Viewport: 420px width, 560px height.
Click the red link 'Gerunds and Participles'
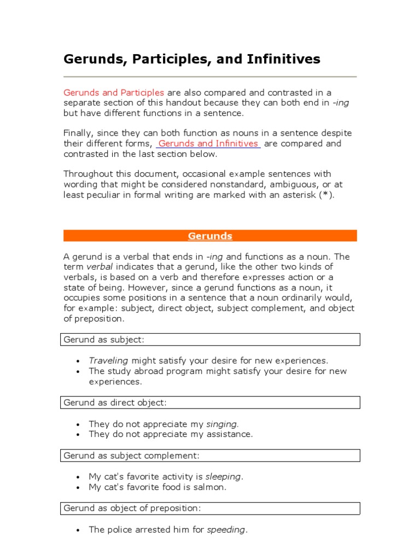(x=114, y=92)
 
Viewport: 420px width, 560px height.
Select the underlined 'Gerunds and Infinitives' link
(x=208, y=144)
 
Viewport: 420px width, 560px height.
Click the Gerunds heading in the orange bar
(x=210, y=236)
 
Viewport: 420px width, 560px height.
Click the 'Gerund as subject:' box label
(x=104, y=340)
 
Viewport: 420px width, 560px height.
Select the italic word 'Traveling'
(x=108, y=361)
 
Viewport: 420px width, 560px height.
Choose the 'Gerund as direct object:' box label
(x=115, y=402)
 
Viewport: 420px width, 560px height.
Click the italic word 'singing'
(x=222, y=424)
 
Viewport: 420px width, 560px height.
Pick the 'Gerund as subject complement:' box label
(x=131, y=456)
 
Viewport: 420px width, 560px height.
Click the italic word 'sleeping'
(x=223, y=477)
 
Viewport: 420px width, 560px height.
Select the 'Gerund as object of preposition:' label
(x=132, y=508)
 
